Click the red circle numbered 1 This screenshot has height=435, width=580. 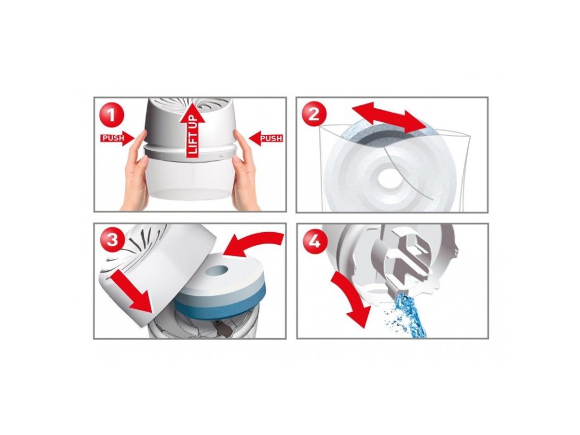111,113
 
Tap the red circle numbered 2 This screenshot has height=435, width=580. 313,114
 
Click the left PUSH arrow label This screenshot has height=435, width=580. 117,138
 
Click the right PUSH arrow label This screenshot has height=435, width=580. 266,138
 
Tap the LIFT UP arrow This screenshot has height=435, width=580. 193,134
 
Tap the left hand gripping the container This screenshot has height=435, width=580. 134,170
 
